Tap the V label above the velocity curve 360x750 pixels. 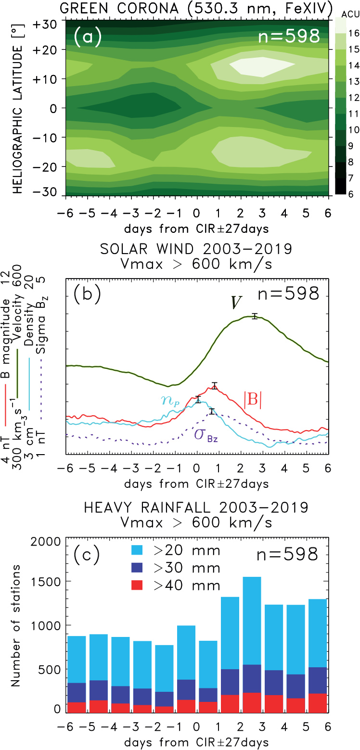pos(233,304)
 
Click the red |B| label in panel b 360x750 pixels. pos(252,401)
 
